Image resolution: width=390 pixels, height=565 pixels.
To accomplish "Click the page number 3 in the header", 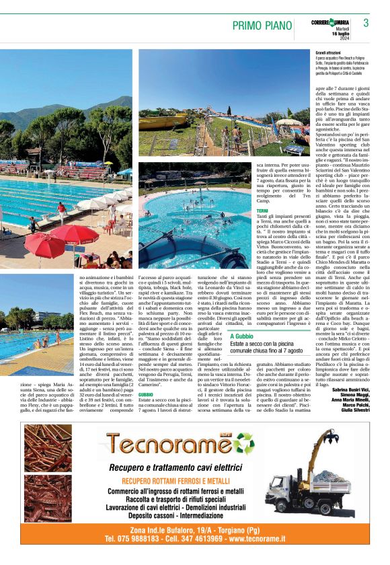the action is pos(366,22).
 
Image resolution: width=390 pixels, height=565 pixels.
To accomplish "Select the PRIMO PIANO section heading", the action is pos(263,26).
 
